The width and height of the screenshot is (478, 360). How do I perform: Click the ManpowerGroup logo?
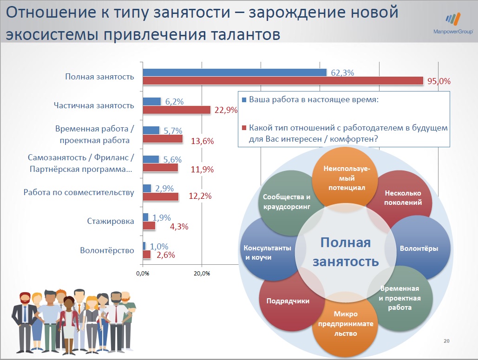point(452,24)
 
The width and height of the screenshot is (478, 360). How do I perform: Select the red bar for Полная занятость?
point(282,81)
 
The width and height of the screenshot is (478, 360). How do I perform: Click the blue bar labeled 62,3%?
point(235,72)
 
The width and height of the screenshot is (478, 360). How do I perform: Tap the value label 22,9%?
point(226,110)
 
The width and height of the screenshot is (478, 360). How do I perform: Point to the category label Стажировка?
point(111,221)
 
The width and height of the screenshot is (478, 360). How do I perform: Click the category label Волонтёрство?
point(107,250)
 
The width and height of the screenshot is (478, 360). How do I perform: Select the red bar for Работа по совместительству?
point(160,196)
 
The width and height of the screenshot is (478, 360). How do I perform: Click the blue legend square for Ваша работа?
point(244,99)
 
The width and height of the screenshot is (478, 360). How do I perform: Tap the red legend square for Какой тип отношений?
point(244,128)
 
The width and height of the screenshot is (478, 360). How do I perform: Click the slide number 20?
point(447,341)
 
